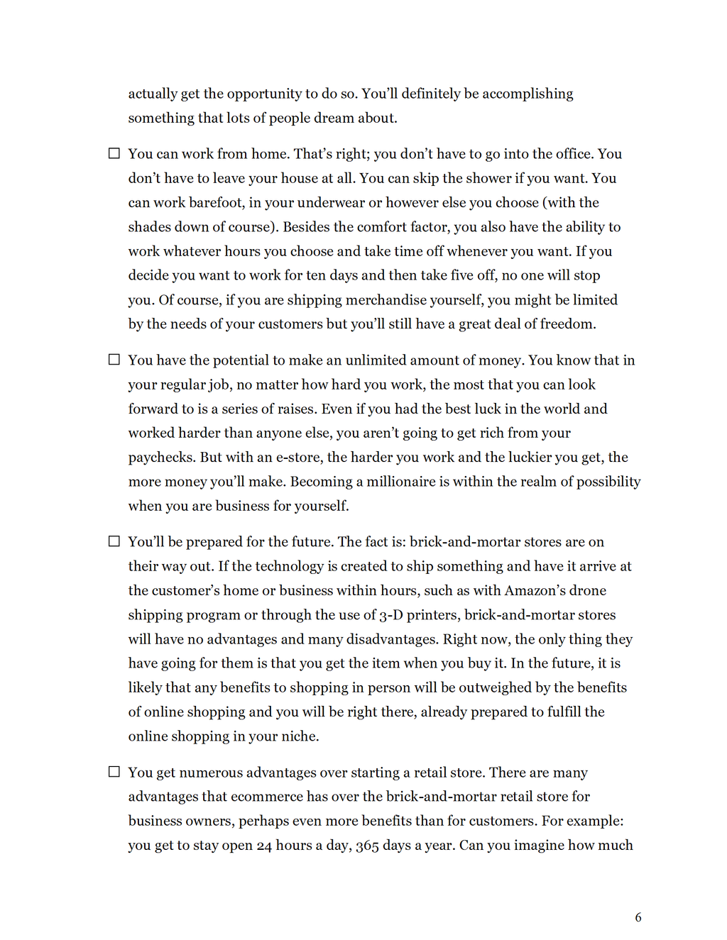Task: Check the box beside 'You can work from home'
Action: [114, 153]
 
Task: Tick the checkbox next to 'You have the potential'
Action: [114, 360]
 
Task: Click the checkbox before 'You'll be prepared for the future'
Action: [114, 541]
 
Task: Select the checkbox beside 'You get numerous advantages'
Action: [114, 772]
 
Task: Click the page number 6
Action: [638, 917]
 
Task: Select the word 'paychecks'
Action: [160, 458]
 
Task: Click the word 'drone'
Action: [588, 590]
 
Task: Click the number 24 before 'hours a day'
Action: [264, 846]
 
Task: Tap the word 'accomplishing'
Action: [528, 94]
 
